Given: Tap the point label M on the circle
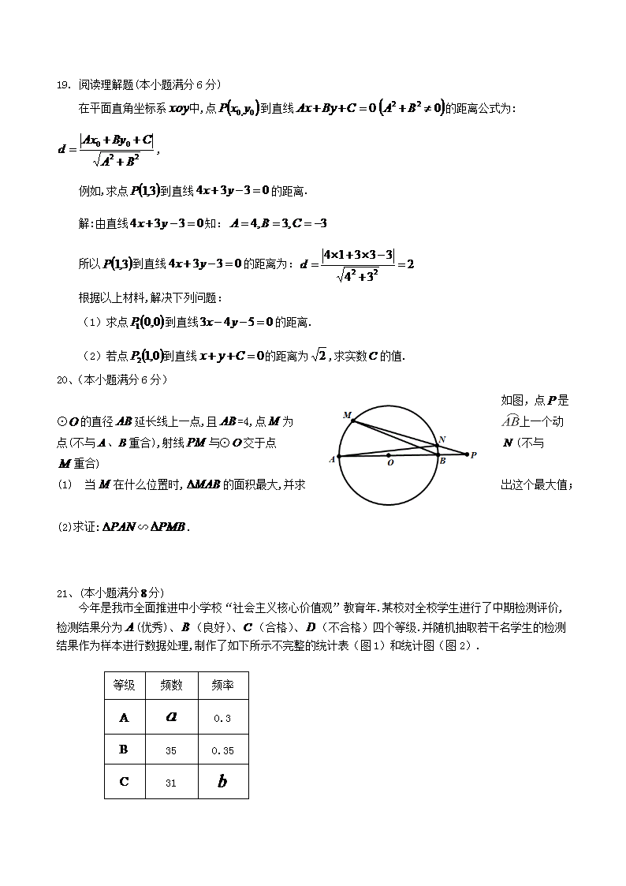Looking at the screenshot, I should click(x=347, y=414).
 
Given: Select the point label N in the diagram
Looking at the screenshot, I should click(x=442, y=439).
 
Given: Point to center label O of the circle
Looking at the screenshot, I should click(x=390, y=464).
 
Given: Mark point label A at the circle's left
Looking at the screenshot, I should click(x=332, y=458).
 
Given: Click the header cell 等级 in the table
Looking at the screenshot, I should click(x=124, y=686).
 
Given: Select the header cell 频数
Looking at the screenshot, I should click(x=171, y=686).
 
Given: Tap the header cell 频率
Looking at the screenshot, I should click(x=222, y=686).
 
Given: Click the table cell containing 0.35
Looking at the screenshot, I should click(x=222, y=750).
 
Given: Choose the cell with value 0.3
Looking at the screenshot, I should click(x=222, y=718).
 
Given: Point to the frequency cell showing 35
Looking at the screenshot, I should click(x=171, y=750).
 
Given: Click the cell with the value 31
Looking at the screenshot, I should click(x=171, y=783).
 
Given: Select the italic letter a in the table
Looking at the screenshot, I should click(x=171, y=717).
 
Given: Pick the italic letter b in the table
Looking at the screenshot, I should click(x=222, y=782).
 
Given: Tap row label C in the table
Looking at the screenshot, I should click(x=124, y=782).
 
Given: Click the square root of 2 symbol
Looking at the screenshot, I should click(x=319, y=356).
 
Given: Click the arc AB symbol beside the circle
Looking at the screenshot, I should click(x=512, y=421).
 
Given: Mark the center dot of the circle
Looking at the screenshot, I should click(x=388, y=454).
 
